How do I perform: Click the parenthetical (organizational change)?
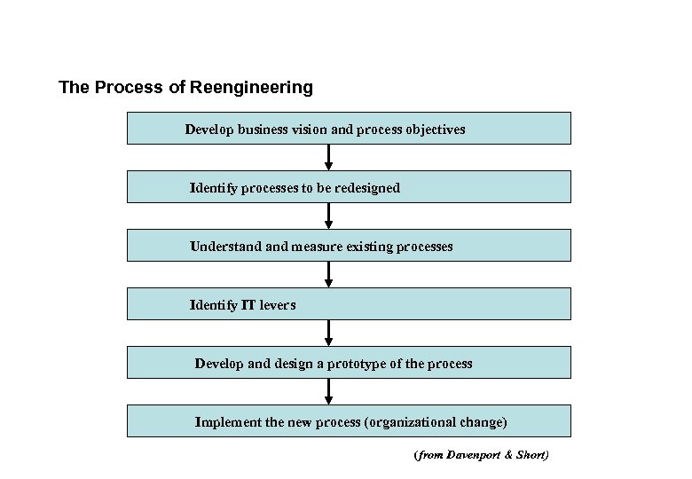436,422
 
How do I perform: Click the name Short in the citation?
531,456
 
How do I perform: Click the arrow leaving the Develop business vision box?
329,157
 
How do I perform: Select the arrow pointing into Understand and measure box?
329,216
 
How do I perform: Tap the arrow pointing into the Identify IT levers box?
329,274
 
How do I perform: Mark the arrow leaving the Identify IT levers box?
329,333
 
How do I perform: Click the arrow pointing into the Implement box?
329,391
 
